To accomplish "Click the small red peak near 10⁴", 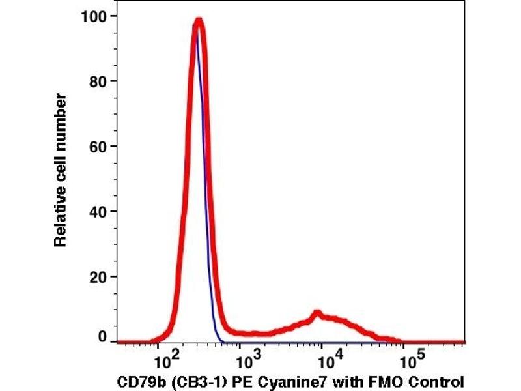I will (x=317, y=314).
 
